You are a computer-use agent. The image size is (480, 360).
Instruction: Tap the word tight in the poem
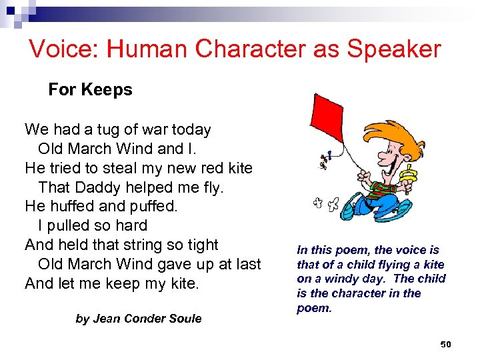(202, 245)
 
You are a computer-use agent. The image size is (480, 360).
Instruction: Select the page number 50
(446, 344)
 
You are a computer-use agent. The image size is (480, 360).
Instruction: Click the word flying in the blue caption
(396, 265)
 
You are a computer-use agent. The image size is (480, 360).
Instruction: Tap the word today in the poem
(191, 130)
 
